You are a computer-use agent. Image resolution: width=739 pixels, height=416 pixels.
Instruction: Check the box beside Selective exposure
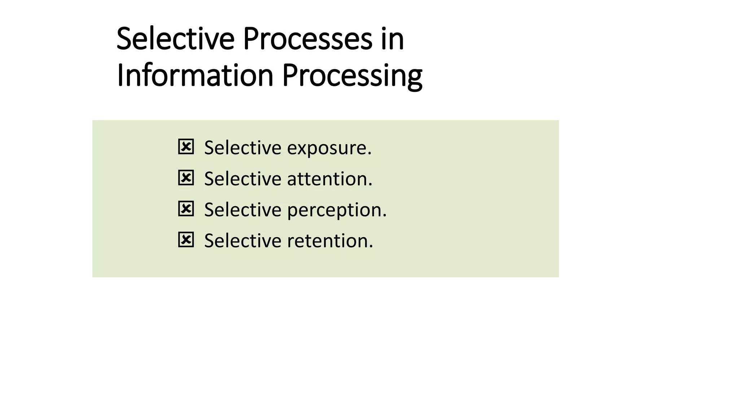pos(186,147)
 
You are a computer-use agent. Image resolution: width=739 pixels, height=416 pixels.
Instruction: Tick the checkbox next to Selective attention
pos(186,178)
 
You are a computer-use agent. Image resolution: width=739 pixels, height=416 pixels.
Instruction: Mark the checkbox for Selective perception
pos(186,209)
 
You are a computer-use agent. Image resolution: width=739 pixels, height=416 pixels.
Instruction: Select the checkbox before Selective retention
pos(186,240)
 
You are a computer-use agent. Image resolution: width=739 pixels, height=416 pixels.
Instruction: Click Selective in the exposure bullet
pos(242,148)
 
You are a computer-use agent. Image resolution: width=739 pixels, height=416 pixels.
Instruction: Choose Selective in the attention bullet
pos(242,179)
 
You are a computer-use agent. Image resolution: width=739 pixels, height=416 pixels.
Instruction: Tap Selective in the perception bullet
pos(242,210)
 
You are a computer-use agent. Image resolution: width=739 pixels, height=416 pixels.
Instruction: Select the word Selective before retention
pos(242,241)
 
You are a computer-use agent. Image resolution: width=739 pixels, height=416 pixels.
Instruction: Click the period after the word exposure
pos(369,154)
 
